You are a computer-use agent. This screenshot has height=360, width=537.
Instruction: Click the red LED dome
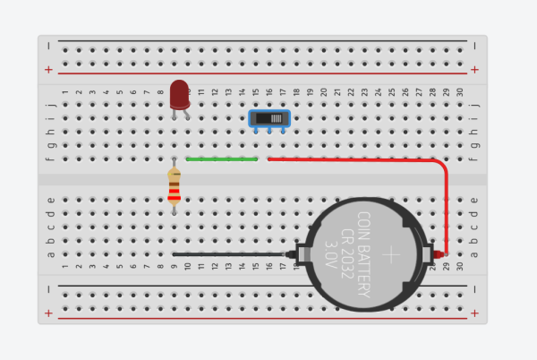180,91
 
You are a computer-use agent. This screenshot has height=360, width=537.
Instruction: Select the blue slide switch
268,118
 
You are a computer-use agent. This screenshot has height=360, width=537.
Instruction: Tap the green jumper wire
222,159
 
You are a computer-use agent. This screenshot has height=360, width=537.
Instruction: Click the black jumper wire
233,254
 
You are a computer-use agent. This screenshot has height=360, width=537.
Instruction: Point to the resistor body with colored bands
174,187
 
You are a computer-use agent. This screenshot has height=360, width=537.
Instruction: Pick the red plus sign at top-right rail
474,69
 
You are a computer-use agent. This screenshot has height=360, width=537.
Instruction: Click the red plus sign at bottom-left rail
48,313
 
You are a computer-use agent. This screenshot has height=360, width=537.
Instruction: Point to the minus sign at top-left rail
48,43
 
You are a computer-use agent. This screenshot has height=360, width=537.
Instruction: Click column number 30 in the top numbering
459,91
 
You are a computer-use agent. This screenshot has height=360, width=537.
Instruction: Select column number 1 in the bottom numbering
64,267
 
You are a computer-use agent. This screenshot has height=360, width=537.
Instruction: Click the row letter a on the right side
473,254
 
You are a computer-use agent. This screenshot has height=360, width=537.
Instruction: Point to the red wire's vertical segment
445,210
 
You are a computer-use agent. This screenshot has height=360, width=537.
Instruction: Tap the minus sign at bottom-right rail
474,288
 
